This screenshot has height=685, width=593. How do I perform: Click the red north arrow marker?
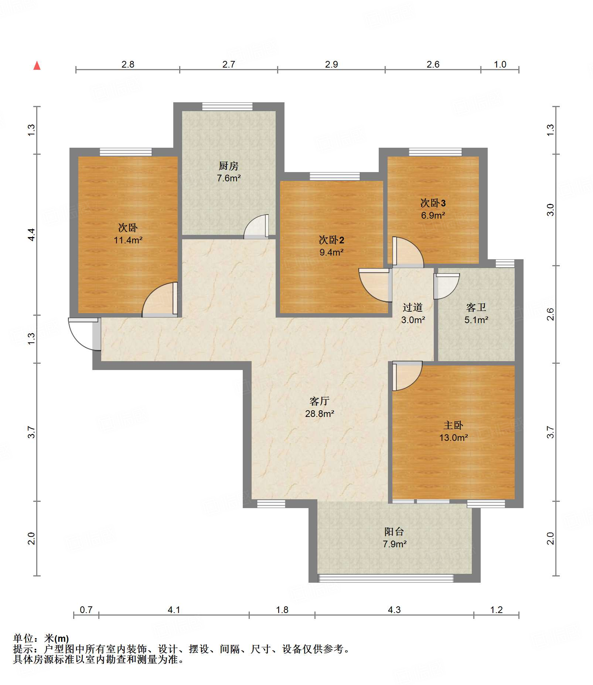pyautogui.click(x=37, y=66)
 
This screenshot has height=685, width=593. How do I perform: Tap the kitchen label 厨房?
pyautogui.click(x=229, y=166)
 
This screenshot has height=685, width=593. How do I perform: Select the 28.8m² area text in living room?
pyautogui.click(x=320, y=414)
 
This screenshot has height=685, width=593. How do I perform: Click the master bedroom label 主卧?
pyautogui.click(x=453, y=425)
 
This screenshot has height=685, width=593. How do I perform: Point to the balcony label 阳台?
pyautogui.click(x=394, y=531)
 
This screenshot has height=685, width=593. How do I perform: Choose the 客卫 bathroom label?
pyautogui.click(x=476, y=307)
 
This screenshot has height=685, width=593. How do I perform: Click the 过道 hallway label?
pyautogui.click(x=413, y=307)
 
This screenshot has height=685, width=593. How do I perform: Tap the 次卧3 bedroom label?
pyautogui.click(x=433, y=203)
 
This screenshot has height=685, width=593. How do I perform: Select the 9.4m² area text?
pyautogui.click(x=331, y=252)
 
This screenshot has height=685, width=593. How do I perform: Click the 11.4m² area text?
pyautogui.click(x=128, y=240)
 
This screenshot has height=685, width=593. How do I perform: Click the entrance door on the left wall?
pyautogui.click(x=84, y=333)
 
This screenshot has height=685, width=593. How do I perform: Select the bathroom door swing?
pyautogui.click(x=447, y=286)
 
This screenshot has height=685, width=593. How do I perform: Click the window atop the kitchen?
pyautogui.click(x=227, y=107)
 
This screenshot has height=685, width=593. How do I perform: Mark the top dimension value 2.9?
pyautogui.click(x=331, y=64)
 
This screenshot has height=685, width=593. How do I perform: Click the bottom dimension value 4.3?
pyautogui.click(x=394, y=610)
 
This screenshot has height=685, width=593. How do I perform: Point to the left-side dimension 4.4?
pyautogui.click(x=31, y=235)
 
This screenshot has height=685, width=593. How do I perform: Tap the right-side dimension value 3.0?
pyautogui.click(x=551, y=210)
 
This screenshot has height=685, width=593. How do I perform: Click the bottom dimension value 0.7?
pyautogui.click(x=86, y=610)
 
